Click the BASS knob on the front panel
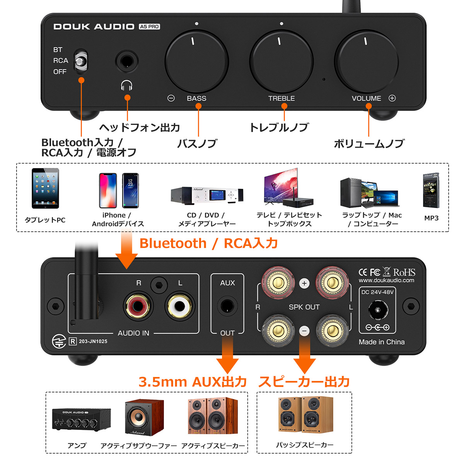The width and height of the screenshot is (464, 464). point(197,61)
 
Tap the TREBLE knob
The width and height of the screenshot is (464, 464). point(281,61)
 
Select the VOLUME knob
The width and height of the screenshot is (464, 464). point(366,61)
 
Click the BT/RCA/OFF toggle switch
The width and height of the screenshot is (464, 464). point(81,60)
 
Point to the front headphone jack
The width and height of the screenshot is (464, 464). point(127,61)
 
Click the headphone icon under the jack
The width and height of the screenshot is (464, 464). point(127,85)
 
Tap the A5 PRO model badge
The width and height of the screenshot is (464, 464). point(149,27)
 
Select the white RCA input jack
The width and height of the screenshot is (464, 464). point(179,306)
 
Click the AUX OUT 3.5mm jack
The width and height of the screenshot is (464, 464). point(227,306)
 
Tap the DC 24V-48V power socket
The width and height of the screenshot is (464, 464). point(378,309)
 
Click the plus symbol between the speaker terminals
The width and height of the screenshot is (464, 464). point(304,283)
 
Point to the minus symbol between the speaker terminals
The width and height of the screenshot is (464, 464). point(304,331)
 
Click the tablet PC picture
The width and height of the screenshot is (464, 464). point(45,188)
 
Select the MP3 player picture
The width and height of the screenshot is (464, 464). point(431,190)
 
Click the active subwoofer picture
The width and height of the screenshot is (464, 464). point(145,418)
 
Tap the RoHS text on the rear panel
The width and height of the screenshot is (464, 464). point(404,272)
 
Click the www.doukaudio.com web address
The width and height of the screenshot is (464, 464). point(386,280)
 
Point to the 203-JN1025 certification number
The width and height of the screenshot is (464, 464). point(93,341)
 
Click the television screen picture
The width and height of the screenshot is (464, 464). point(281,186)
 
